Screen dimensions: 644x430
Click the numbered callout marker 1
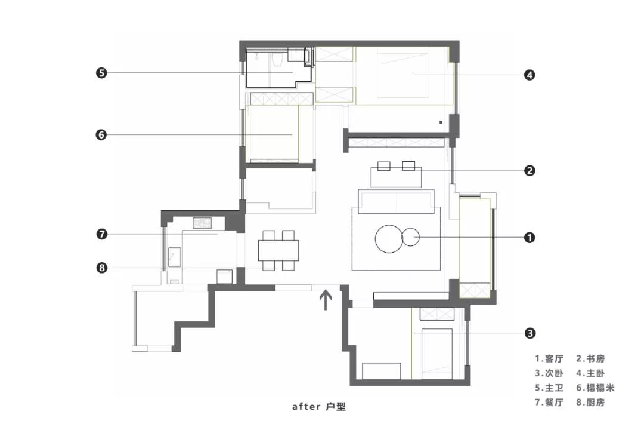click(x=530, y=238)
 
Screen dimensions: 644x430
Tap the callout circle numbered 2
click(x=530, y=170)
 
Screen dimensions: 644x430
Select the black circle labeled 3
click(x=530, y=333)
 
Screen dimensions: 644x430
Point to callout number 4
click(x=530, y=75)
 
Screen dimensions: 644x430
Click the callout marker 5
click(x=101, y=73)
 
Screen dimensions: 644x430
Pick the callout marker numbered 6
click(x=101, y=134)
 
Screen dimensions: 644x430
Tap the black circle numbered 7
click(x=101, y=234)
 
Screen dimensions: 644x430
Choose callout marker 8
click(x=101, y=268)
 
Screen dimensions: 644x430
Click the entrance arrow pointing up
click(x=326, y=300)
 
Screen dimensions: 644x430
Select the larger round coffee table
click(x=389, y=239)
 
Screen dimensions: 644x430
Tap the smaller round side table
click(x=411, y=237)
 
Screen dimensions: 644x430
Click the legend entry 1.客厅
click(x=549, y=359)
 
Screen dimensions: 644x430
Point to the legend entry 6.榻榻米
click(x=595, y=388)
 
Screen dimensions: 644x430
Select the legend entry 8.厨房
click(x=590, y=402)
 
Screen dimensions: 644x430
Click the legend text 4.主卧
click(x=590, y=373)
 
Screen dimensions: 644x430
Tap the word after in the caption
click(x=306, y=407)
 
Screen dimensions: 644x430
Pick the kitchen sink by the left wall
click(x=175, y=257)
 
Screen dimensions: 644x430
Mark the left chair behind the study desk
click(x=384, y=166)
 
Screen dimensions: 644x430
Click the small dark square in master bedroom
click(x=441, y=122)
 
